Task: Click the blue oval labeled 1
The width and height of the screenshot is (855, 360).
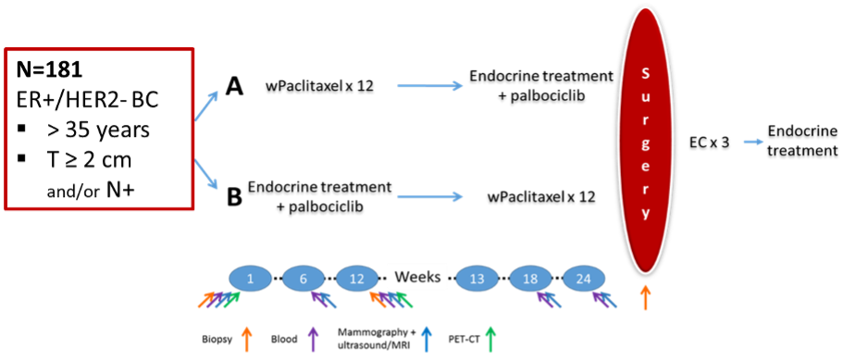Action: [x=250, y=278]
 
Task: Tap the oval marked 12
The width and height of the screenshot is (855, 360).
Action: [x=357, y=278]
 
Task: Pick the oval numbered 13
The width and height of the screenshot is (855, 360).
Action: [x=477, y=278]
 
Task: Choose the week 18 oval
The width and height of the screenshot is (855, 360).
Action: [x=531, y=278]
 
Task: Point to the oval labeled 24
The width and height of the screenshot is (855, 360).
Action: [x=584, y=278]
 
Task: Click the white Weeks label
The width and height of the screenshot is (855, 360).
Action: [x=417, y=277]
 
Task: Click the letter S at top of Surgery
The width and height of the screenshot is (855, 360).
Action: [x=645, y=73]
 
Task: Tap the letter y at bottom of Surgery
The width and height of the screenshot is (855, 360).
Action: [x=645, y=212]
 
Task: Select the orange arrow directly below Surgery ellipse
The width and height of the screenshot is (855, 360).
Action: [x=645, y=297]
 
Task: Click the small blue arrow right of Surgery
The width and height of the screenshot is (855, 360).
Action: [x=753, y=142]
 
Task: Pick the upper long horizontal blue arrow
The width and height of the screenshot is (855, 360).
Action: [x=429, y=86]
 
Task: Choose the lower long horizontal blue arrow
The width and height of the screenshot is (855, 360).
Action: [x=429, y=196]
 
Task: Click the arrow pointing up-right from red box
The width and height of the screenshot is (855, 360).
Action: [x=207, y=106]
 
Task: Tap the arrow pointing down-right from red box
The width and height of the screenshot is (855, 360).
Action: [x=207, y=175]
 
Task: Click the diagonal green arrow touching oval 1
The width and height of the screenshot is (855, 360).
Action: [x=233, y=299]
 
